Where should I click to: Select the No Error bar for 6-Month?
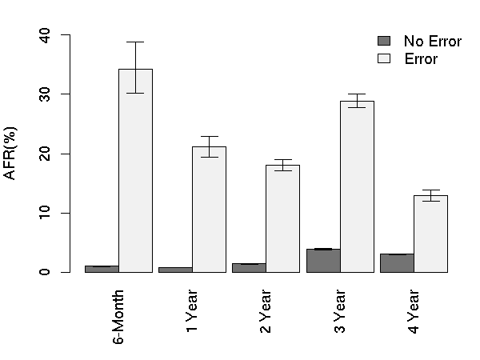[102, 269]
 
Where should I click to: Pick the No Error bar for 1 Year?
[175, 270]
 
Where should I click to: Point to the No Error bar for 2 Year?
[249, 268]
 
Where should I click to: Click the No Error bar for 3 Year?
[323, 261]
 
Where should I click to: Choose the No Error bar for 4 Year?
[397, 263]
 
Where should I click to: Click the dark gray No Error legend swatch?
[383, 41]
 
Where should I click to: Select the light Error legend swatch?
[383, 58]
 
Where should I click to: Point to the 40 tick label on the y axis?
[44, 35]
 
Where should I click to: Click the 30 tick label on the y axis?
[44, 94]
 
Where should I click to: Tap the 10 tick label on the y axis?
[44, 213]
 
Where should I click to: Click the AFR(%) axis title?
[12, 153]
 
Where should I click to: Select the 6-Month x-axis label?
[118, 316]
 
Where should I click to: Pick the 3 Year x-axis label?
[340, 314]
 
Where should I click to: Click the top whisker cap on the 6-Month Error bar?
[135, 42]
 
